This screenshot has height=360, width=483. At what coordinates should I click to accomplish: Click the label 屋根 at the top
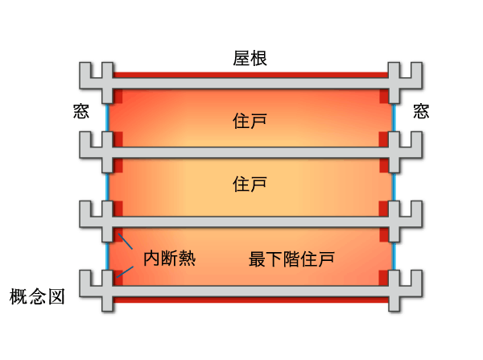click(x=250, y=58)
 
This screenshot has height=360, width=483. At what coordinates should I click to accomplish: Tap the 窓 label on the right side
click(x=421, y=110)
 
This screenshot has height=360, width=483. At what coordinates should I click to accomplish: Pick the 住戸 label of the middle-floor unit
click(x=250, y=184)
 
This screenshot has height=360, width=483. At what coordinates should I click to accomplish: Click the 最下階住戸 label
click(x=291, y=259)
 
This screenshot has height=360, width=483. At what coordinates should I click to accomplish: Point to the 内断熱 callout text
click(x=169, y=259)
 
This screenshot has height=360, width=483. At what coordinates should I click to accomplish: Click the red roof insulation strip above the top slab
click(x=250, y=74)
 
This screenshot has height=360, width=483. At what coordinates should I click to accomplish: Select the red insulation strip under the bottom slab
click(x=250, y=300)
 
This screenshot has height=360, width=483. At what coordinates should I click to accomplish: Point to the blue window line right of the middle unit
click(x=394, y=185)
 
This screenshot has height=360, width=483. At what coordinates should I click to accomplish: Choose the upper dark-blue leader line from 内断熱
click(x=126, y=243)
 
